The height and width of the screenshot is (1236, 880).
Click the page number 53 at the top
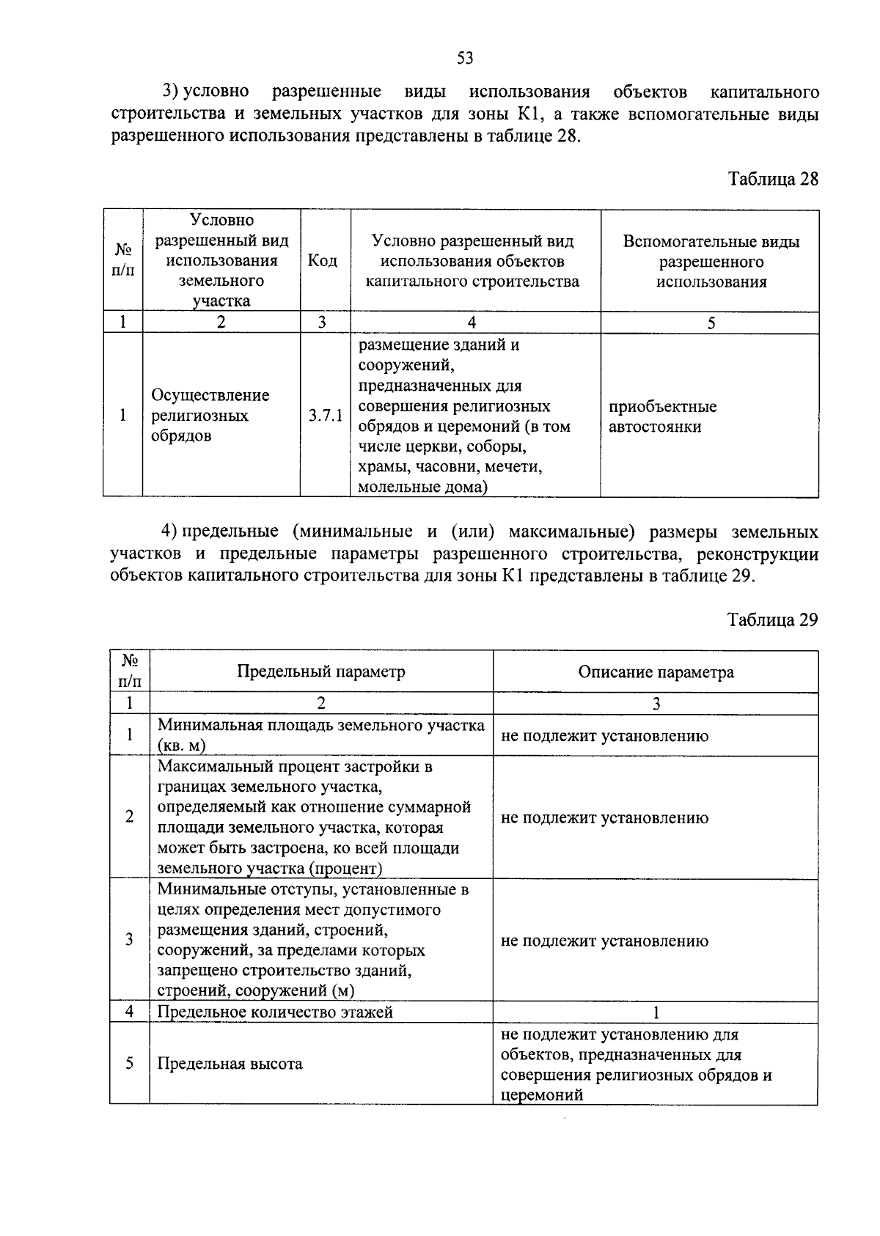tap(465, 58)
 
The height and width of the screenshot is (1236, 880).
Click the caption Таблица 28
tap(772, 179)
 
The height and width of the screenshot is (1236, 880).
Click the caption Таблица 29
tap(772, 620)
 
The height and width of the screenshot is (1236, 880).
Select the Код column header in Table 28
tap(323, 261)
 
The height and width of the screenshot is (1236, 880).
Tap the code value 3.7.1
tap(326, 416)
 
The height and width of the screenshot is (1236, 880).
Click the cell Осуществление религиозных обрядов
tap(210, 416)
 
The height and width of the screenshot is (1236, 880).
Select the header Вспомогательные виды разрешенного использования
tap(711, 262)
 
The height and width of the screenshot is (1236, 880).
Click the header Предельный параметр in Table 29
tap(320, 672)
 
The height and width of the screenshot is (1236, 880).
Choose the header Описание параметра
tap(656, 672)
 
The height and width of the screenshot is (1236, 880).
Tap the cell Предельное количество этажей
tap(275, 1012)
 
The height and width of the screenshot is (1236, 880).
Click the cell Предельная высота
tap(230, 1064)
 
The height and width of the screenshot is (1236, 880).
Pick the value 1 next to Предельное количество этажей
tap(656, 1013)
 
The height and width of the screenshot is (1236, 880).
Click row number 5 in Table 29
tap(130, 1063)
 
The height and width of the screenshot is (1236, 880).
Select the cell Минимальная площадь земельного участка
tap(320, 735)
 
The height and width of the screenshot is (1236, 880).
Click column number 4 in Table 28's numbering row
tap(472, 323)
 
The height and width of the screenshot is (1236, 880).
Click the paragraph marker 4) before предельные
tap(170, 531)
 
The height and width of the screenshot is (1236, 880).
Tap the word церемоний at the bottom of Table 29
tap(542, 1095)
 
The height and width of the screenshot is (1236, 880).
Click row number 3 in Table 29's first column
tap(130, 940)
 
